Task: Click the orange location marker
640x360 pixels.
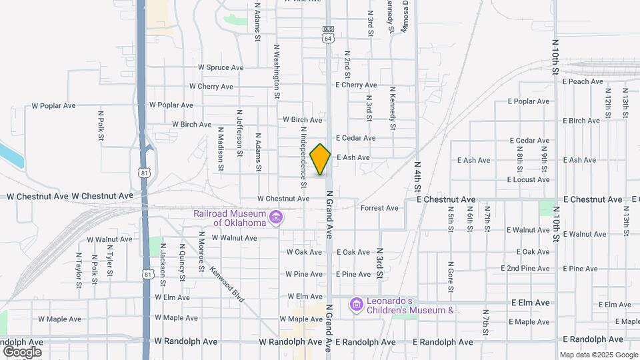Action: click(321, 159)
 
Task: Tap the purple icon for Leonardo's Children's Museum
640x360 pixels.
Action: click(356, 305)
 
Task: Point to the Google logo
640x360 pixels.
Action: click(22, 351)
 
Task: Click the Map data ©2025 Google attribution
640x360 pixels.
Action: click(598, 355)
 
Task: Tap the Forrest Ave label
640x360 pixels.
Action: click(379, 208)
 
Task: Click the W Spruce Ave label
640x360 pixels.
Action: click(221, 67)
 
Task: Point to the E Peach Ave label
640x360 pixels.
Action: click(583, 81)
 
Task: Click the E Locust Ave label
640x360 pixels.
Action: click(528, 179)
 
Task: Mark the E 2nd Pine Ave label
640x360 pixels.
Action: click(528, 268)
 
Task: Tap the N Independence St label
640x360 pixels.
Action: click(303, 151)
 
